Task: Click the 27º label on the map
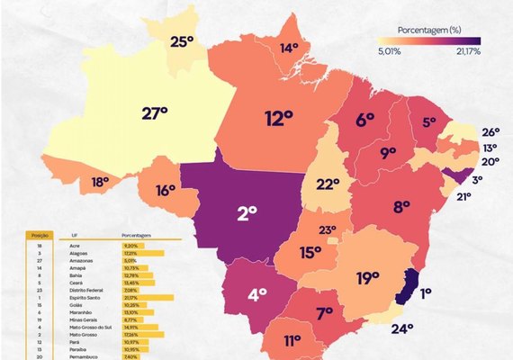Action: point(156,113)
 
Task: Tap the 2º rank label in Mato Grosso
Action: point(247,213)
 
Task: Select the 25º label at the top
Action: point(183,41)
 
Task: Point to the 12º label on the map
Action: point(279,117)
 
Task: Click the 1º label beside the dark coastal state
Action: point(425,292)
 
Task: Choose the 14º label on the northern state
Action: point(289,48)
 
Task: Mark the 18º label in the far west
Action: point(100,182)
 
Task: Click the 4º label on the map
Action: point(256,293)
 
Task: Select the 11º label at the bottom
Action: point(292,341)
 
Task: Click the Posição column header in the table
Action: point(40,236)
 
